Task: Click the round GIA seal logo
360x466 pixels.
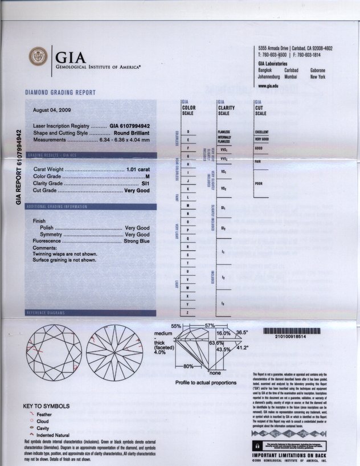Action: tap(39, 57)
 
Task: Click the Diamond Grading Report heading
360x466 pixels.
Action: tap(60, 92)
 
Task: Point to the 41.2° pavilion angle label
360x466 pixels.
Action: tap(243, 347)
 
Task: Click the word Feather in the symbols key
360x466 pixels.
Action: tap(44, 415)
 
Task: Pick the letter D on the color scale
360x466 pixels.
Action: tap(188, 132)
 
